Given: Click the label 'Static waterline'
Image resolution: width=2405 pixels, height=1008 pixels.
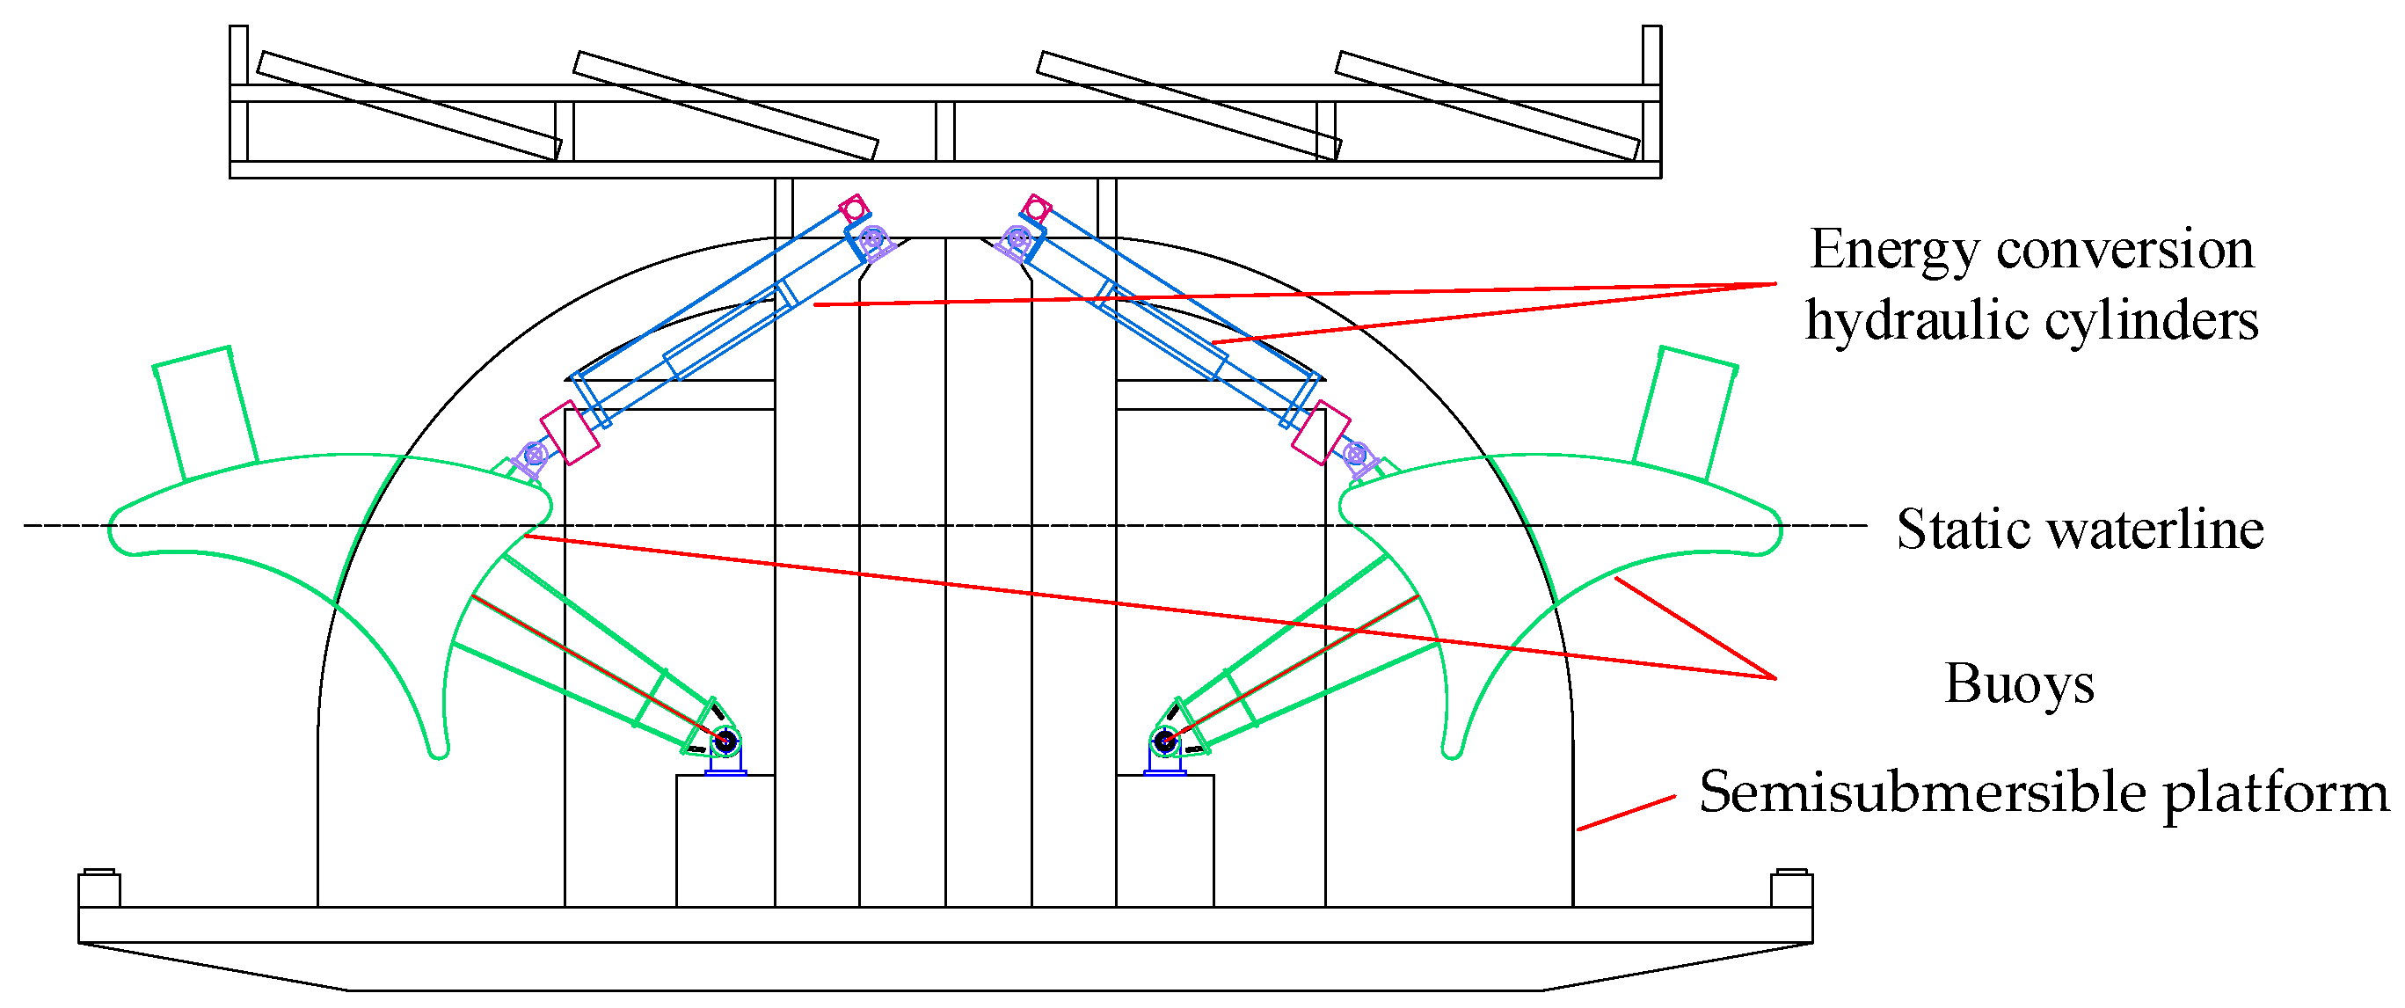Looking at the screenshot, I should point(2079,530).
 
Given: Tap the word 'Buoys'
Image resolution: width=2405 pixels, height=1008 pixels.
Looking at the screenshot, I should point(2018,683).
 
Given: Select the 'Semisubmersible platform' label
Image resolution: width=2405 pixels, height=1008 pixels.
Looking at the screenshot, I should point(2043,793).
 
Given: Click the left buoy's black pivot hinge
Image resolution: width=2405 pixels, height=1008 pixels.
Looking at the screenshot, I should point(725,742).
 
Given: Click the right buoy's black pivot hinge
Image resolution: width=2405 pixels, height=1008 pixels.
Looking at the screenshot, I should point(1164,742).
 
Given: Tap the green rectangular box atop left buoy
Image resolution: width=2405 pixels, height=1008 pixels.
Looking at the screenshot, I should point(206,412).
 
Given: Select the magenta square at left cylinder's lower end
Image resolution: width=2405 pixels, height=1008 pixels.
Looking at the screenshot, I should point(570,433).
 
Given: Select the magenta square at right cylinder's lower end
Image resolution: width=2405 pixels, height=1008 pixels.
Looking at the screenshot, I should point(1321,433).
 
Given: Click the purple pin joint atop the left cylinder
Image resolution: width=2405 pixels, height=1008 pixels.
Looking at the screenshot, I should point(872,239).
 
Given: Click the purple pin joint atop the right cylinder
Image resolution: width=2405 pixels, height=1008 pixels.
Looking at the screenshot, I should point(1018,239).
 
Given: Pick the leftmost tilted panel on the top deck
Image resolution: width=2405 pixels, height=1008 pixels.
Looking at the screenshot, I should point(409,106).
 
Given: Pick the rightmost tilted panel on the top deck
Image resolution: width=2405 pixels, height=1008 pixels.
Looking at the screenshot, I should point(1487,106).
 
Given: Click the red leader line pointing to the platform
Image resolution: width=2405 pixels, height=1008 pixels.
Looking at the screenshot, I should point(1625,813).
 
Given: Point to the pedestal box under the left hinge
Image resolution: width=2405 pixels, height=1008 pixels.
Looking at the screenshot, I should point(725,840).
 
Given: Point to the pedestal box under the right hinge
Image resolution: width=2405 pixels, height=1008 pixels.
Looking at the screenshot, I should point(1165,840).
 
